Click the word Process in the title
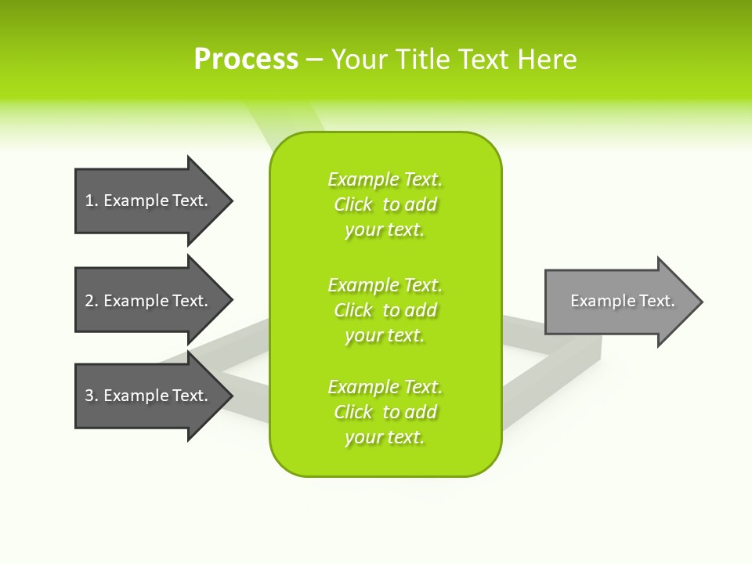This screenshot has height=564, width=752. (x=246, y=60)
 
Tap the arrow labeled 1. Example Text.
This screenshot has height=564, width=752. (x=149, y=201)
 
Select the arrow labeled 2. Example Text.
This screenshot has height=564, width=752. (x=149, y=301)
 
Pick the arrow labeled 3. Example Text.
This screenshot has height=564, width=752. (x=149, y=396)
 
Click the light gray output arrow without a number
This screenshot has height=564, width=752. (x=619, y=302)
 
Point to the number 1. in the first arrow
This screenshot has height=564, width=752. (x=92, y=201)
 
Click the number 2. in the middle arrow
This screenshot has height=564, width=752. (x=92, y=301)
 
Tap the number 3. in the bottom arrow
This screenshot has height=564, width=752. (x=92, y=396)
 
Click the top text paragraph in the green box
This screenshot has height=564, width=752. (x=385, y=204)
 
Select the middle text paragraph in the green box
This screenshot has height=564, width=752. (x=385, y=310)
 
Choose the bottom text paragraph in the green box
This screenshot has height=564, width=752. (x=385, y=412)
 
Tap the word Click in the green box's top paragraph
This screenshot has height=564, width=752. (x=353, y=204)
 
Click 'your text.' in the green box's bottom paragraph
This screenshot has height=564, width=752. (x=385, y=437)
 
